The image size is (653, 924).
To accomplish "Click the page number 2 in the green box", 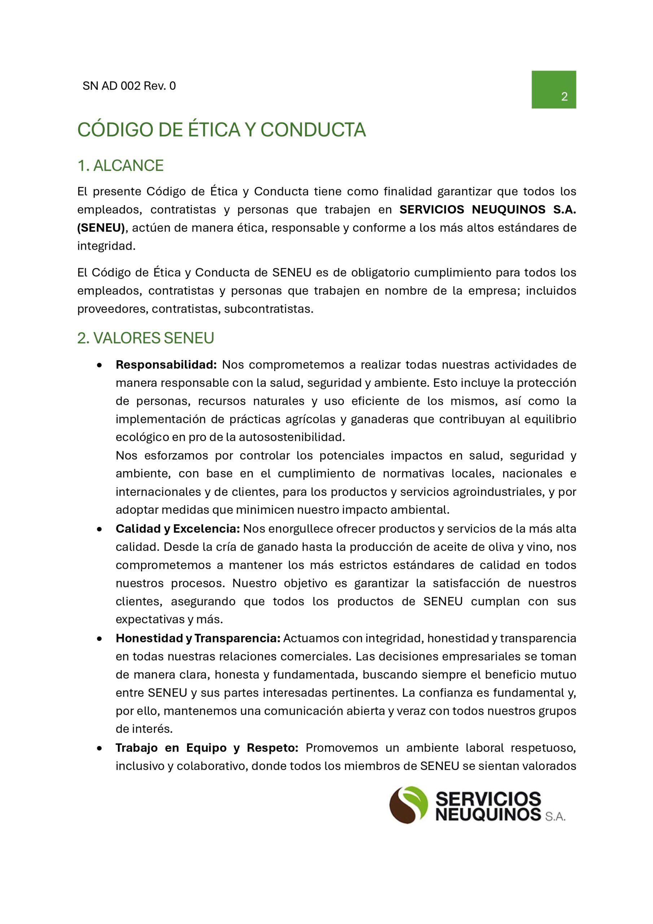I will click(x=564, y=97).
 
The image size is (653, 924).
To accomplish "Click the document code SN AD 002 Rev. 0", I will click(x=129, y=86).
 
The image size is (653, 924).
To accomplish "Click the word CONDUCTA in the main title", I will click(x=313, y=130).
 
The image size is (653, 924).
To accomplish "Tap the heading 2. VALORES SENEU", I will click(x=145, y=338).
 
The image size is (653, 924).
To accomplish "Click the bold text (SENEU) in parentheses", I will click(x=101, y=228).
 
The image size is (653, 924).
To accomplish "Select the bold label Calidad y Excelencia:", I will click(x=178, y=529).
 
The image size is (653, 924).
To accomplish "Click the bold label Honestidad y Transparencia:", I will click(x=198, y=638).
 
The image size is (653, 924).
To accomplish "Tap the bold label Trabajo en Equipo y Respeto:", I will click(x=207, y=748).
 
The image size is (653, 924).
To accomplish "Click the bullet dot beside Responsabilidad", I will click(x=99, y=365).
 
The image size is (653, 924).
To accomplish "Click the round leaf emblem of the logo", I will click(x=408, y=805).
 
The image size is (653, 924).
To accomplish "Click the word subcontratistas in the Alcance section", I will click(x=268, y=309).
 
